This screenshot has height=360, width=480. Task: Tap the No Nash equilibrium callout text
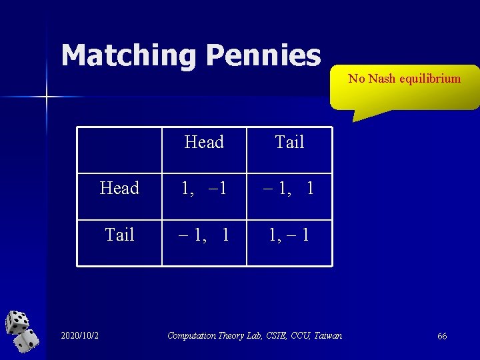click(x=404, y=79)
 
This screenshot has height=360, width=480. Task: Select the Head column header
click(x=204, y=142)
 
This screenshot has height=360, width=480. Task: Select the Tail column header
click(x=289, y=142)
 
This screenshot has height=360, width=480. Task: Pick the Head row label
click(x=119, y=189)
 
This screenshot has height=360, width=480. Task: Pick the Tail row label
click(x=120, y=235)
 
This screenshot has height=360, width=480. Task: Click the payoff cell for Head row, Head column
click(x=204, y=189)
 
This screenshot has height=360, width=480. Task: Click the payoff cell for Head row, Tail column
click(x=289, y=189)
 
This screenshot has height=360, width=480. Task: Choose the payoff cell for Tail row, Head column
click(x=204, y=235)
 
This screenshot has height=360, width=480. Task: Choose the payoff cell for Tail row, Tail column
click(x=289, y=235)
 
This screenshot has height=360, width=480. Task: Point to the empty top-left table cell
click(x=119, y=150)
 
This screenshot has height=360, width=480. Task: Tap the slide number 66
click(x=442, y=336)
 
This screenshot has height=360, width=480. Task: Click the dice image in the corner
click(x=22, y=331)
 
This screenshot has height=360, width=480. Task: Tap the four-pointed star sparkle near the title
click(x=47, y=97)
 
